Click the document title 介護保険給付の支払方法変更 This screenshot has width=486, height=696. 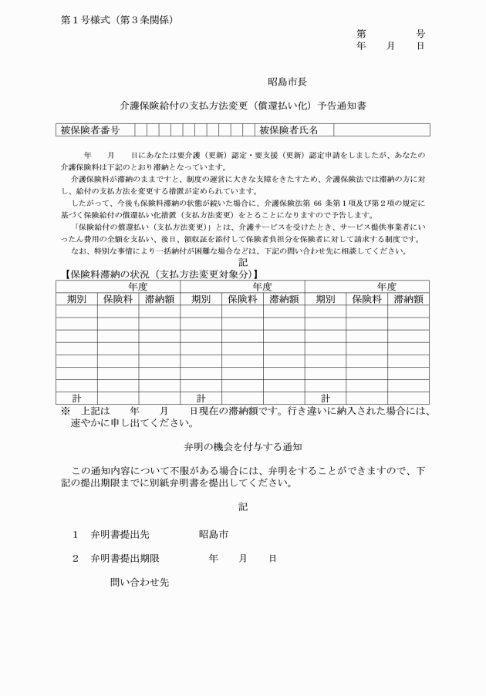point(243,105)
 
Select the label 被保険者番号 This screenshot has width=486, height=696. point(89,130)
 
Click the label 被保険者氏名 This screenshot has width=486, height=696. point(289,130)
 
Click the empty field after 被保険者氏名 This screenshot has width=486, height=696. point(380,130)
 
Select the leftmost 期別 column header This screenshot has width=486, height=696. point(76,299)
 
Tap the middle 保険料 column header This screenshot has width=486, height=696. point(242,299)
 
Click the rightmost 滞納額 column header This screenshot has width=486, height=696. point(408,299)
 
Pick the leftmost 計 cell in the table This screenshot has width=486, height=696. point(76,398)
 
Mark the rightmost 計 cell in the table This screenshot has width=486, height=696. point(326,398)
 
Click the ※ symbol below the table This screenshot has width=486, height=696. point(66,411)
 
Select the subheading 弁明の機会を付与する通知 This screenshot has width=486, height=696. point(242,446)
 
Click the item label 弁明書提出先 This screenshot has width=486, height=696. point(120,534)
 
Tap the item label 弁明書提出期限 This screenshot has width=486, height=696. point(125,557)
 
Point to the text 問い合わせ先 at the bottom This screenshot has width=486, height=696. point(140,583)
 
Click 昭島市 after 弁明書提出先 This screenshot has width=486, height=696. point(213,534)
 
